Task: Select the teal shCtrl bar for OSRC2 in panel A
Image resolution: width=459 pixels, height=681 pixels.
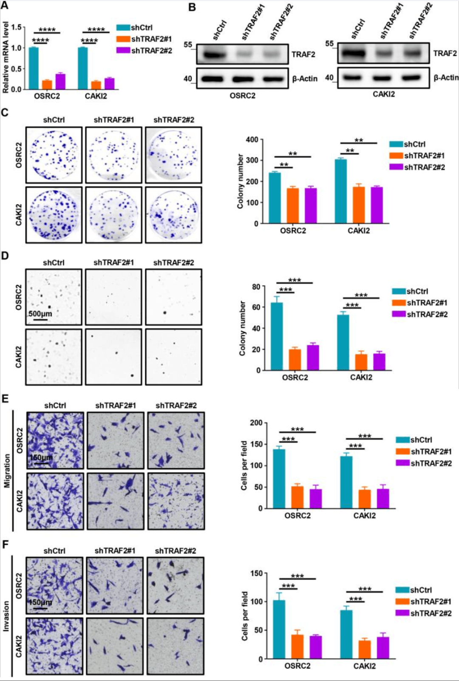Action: (34, 68)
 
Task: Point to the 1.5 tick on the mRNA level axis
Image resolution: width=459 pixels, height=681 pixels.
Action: (16, 27)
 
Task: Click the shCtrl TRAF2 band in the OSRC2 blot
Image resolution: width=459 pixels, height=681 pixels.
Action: (214, 55)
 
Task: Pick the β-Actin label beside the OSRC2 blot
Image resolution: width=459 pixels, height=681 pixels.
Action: (305, 79)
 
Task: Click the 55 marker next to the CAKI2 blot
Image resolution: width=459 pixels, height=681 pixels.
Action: (329, 44)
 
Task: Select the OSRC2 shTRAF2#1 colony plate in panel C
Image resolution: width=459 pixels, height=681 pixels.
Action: (113, 155)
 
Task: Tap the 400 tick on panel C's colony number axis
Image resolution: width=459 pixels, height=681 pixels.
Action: (252, 139)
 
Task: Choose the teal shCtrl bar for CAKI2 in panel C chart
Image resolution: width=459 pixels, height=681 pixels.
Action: (340, 191)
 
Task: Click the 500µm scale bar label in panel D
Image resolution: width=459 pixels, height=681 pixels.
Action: (40, 314)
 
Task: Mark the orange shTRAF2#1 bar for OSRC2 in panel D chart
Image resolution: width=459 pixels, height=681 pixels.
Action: (295, 360)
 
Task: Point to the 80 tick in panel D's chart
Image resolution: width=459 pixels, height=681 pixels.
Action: (256, 287)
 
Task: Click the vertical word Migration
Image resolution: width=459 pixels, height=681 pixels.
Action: (7, 471)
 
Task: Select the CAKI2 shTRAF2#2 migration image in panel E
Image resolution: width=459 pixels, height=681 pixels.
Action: (176, 501)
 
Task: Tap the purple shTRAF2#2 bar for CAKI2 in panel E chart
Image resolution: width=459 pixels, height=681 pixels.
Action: (383, 499)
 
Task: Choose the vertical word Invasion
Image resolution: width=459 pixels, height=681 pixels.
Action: (6, 616)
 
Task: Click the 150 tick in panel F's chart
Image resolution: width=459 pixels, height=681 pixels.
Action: (257, 573)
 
